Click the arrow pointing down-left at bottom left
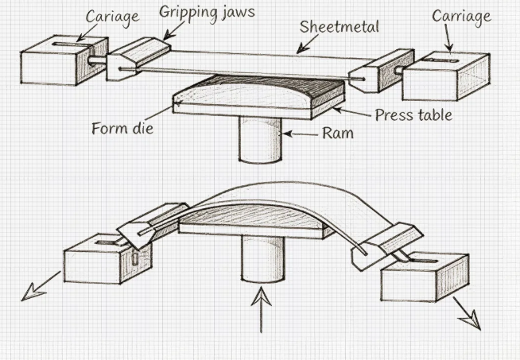click(41, 285)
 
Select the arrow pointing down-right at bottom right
click(467, 313)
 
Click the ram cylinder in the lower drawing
click(262, 259)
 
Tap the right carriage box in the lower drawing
click(422, 277)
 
